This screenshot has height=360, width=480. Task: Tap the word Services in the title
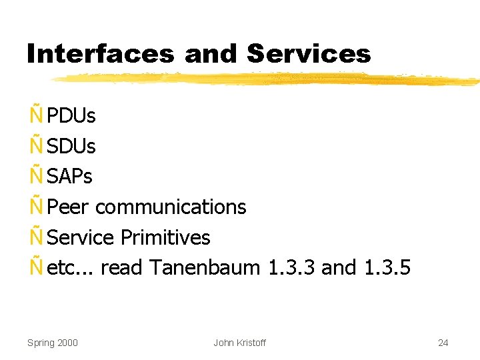tap(309, 54)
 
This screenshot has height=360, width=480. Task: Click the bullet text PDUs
tap(71, 116)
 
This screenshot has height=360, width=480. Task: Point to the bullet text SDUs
tap(71, 146)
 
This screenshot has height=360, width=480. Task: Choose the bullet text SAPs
tap(70, 177)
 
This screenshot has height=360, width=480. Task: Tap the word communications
tap(171, 207)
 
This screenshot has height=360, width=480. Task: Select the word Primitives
tap(165, 237)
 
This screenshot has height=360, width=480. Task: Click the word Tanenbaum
tap(204, 268)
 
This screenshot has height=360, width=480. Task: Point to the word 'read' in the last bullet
tap(122, 268)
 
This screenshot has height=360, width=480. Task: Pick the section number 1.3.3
tap(291, 268)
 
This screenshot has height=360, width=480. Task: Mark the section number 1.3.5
tap(388, 268)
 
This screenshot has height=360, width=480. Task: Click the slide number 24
tap(443, 343)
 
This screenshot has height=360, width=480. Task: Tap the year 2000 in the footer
tap(67, 343)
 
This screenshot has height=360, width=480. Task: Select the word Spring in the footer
tap(40, 343)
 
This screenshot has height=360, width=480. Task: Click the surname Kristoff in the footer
tap(250, 343)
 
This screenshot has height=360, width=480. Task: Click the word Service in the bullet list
tap(81, 237)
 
